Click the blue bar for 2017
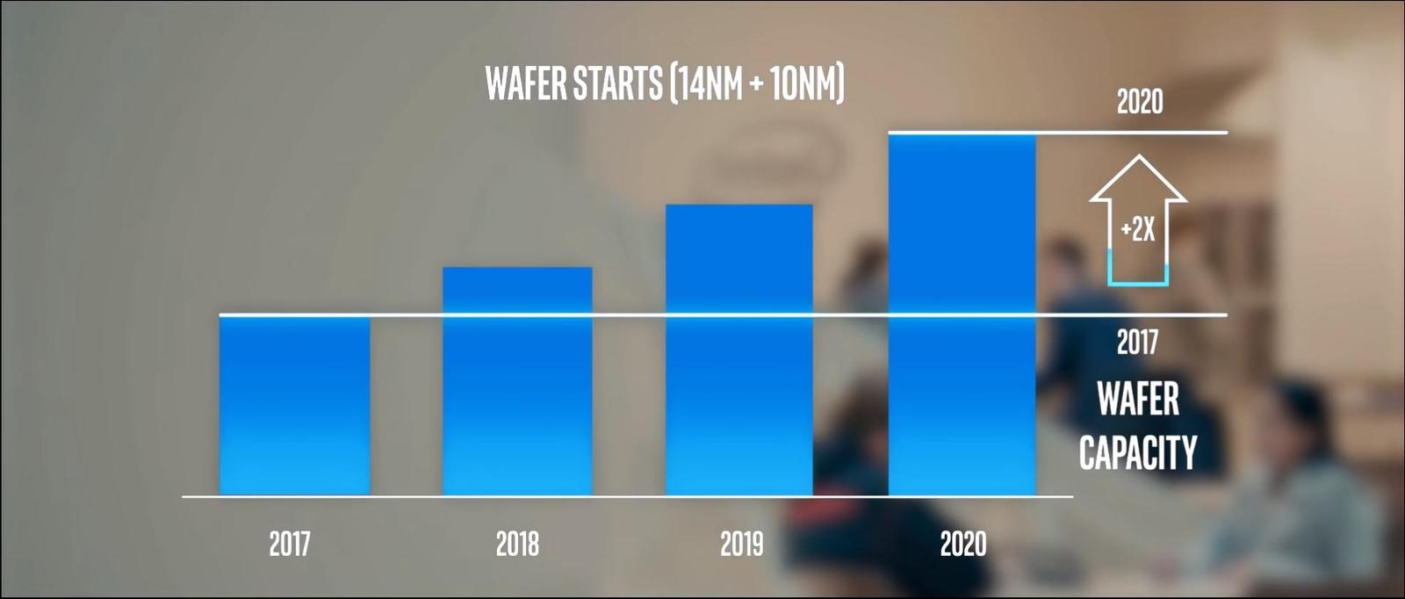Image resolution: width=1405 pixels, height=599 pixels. pyautogui.click(x=294, y=406)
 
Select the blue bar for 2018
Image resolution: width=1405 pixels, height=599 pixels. pyautogui.click(x=517, y=381)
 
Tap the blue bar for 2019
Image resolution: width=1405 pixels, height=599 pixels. pyautogui.click(x=739, y=350)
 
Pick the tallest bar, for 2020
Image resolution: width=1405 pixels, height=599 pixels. pyautogui.click(x=962, y=314)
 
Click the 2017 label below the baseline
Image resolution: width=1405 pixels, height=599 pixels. pyautogui.click(x=290, y=544)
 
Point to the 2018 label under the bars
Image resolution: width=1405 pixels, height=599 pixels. pyautogui.click(x=517, y=544)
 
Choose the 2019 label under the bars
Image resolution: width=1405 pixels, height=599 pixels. pyautogui.click(x=741, y=544)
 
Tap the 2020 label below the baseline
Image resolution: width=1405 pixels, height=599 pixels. pyautogui.click(x=962, y=544)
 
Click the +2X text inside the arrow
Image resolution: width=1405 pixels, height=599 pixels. pyautogui.click(x=1138, y=230)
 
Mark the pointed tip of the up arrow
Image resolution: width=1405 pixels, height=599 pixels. pyautogui.click(x=1138, y=159)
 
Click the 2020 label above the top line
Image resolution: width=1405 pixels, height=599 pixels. pyautogui.click(x=1139, y=103)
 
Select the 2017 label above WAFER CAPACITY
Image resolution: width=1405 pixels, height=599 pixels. pyautogui.click(x=1137, y=342)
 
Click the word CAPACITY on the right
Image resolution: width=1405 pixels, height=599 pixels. pyautogui.click(x=1138, y=452)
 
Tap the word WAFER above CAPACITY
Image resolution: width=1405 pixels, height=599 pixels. pyautogui.click(x=1138, y=399)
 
